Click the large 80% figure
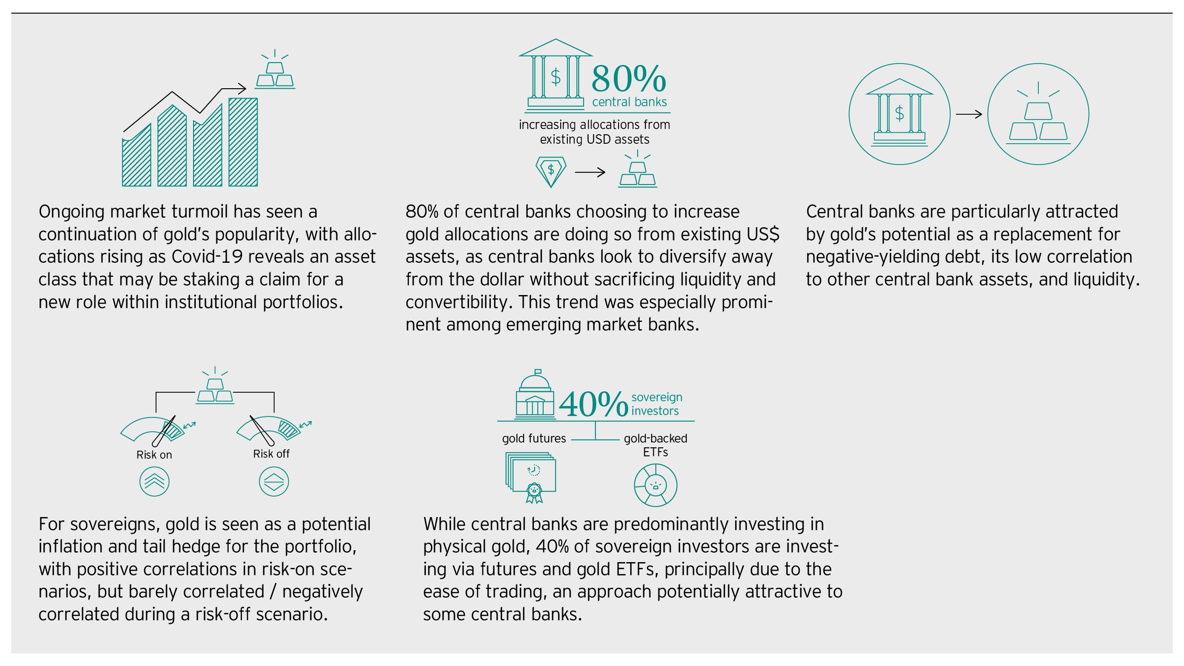(629, 79)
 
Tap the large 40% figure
(593, 404)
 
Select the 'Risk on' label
(154, 455)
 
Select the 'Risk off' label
(271, 454)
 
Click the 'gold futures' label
(534, 439)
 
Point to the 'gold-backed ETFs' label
(656, 445)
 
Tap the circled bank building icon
(899, 114)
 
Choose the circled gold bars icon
(1038, 114)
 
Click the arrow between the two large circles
(969, 114)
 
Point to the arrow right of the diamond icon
(590, 172)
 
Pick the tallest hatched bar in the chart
(243, 142)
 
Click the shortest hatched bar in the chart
(137, 155)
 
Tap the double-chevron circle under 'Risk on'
(154, 481)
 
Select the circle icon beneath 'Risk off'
(274, 481)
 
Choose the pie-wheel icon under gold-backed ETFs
(656, 486)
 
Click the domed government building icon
(535, 394)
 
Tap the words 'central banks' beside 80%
(629, 102)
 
